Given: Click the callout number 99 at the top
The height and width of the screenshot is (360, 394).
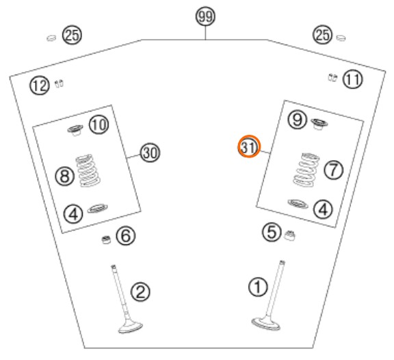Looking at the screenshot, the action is (x=205, y=16).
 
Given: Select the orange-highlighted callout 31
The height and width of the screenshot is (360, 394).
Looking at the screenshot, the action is (x=249, y=146).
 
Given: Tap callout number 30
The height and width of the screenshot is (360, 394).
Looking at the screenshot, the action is (x=150, y=153).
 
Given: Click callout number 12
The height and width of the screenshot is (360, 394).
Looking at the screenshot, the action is (x=40, y=86).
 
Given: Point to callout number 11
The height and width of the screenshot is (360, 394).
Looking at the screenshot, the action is (x=353, y=79).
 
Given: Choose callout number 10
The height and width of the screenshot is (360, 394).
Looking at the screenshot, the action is (x=99, y=125).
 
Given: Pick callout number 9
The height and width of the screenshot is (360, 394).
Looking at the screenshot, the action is (x=298, y=119).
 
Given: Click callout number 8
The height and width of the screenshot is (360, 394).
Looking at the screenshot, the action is (x=65, y=176).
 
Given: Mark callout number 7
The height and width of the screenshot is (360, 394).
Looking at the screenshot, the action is (x=333, y=170).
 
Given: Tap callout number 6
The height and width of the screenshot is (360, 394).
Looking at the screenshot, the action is (x=126, y=236).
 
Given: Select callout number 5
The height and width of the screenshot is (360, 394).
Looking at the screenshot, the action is (x=272, y=232).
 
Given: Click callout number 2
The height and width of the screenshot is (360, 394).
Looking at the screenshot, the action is (x=140, y=292).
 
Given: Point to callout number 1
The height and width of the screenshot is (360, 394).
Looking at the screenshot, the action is (x=258, y=287).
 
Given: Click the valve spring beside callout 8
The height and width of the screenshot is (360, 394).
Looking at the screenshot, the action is (x=88, y=170).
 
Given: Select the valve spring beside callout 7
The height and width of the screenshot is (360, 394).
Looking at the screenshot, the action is (x=306, y=170).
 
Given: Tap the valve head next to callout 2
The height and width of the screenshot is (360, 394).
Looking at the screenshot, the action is (x=130, y=327).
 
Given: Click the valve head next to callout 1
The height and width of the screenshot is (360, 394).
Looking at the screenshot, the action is (x=266, y=324).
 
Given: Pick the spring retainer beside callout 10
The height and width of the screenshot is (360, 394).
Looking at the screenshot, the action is (x=75, y=130).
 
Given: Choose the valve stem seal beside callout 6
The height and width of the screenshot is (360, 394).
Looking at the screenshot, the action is (x=106, y=240).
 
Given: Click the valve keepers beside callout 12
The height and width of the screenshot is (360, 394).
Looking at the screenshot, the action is (x=59, y=83).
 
